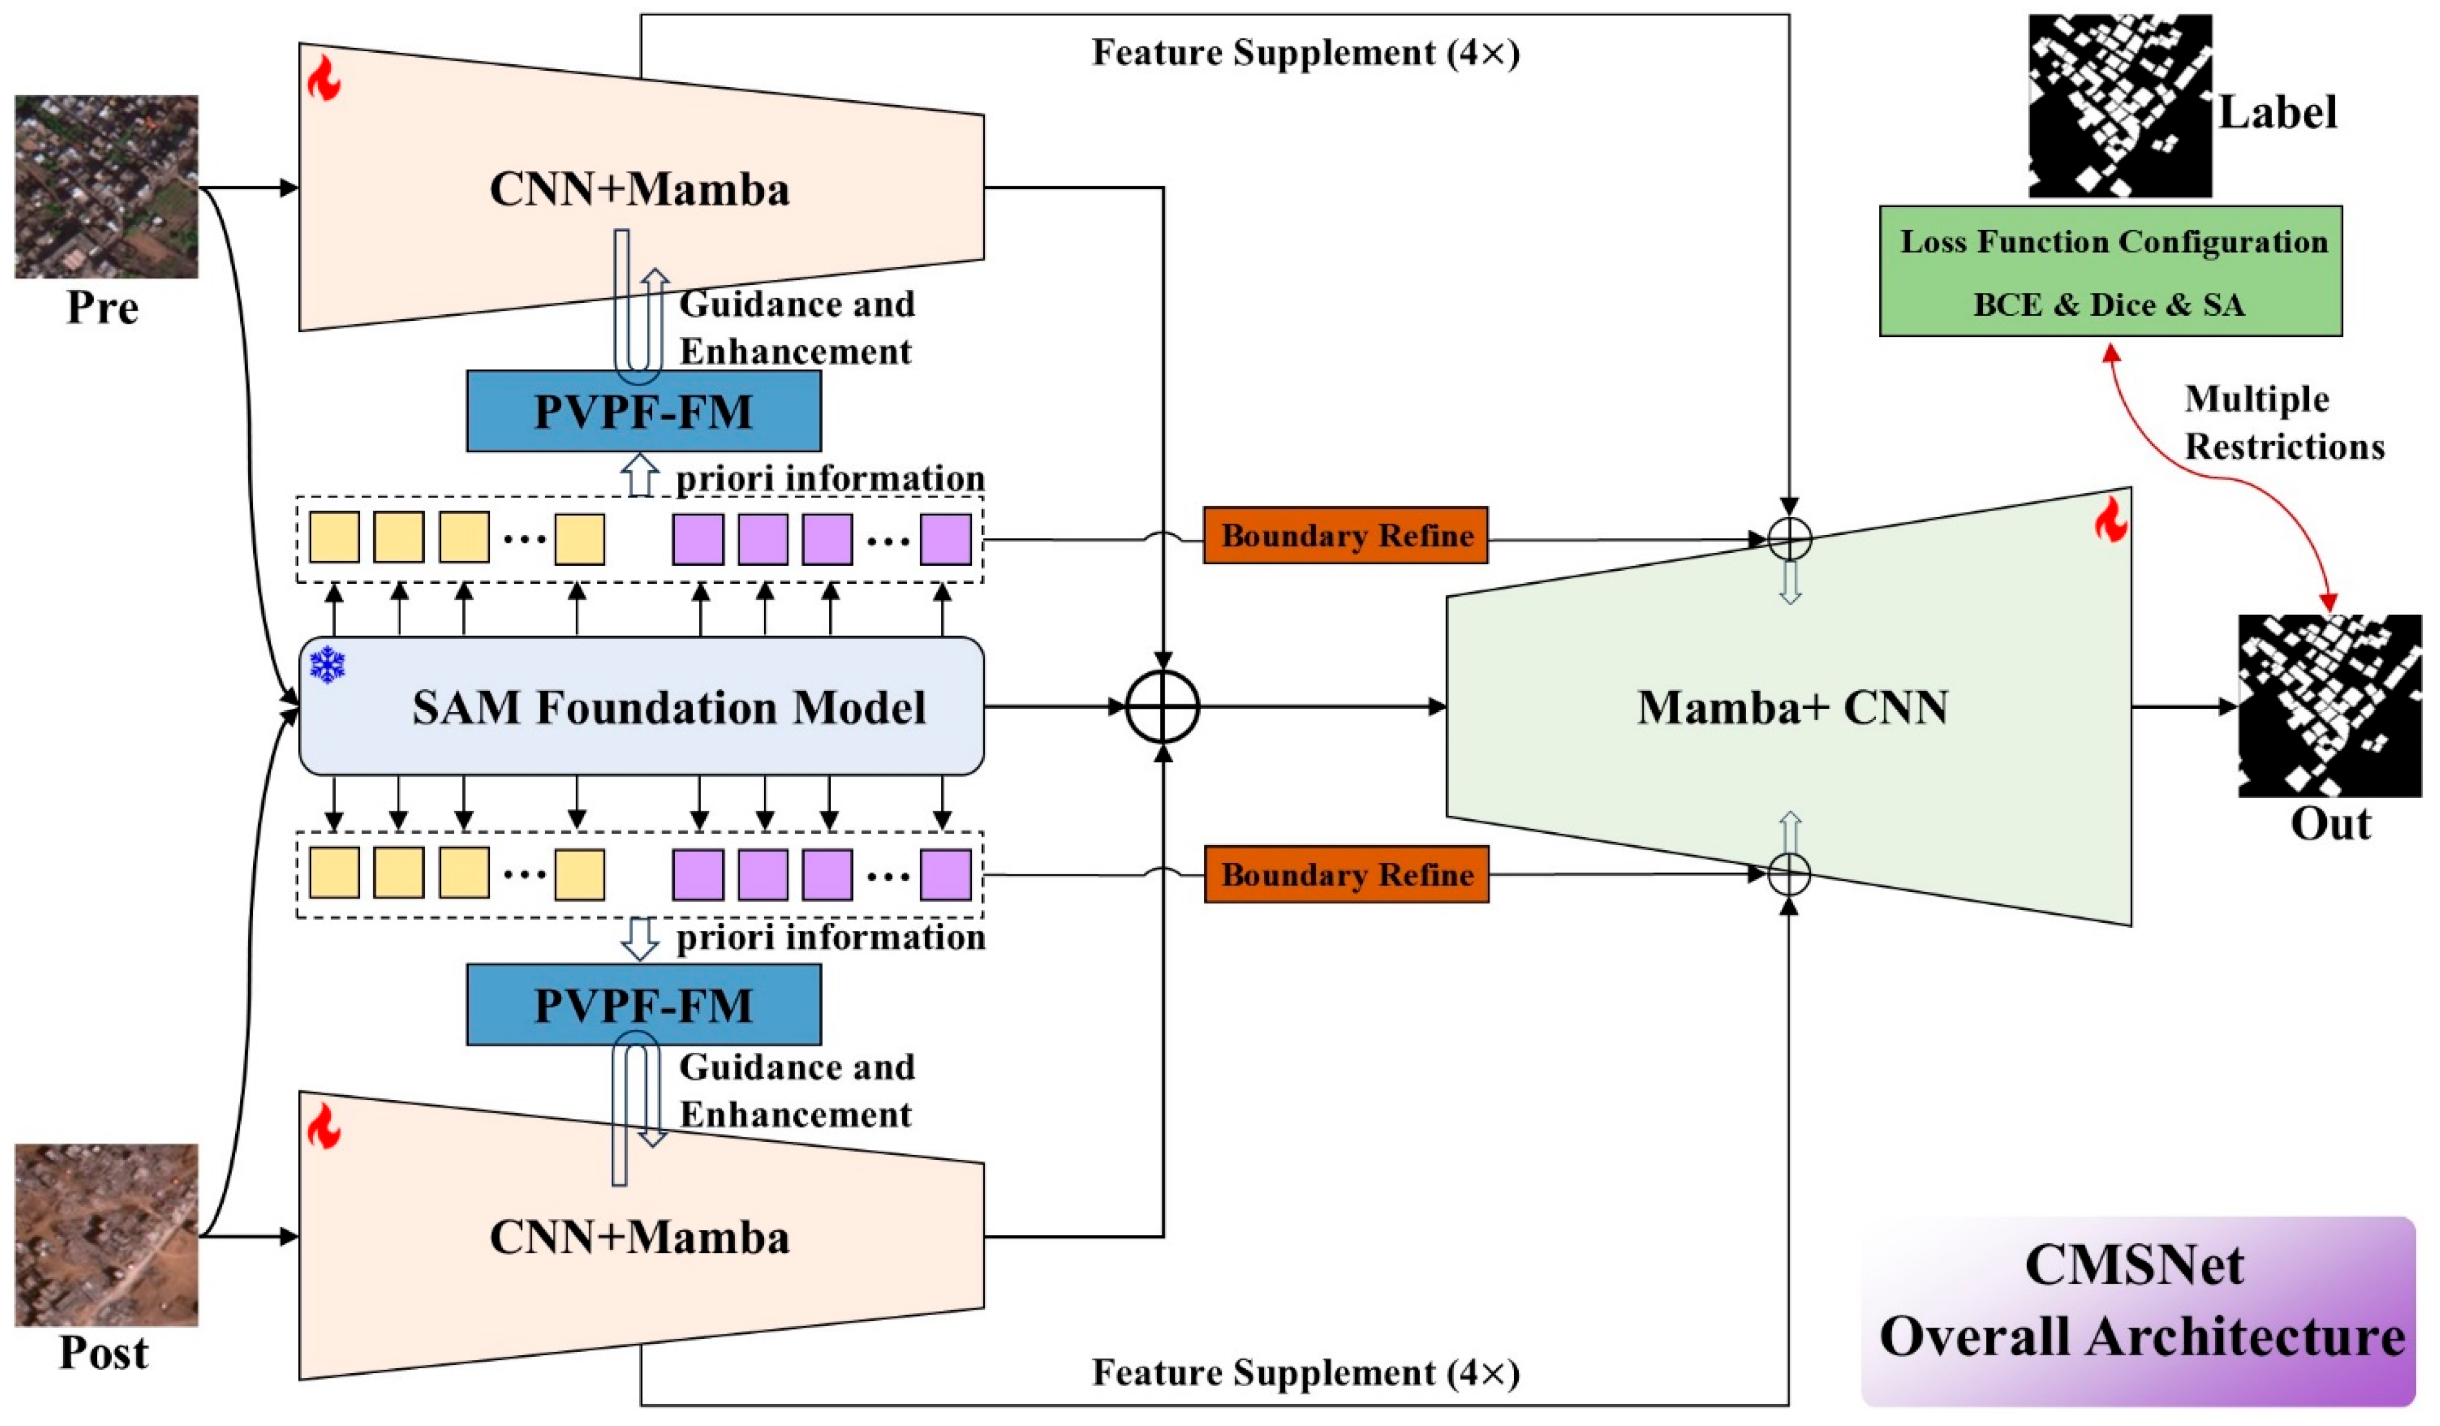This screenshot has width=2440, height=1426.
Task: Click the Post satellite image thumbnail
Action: tap(107, 1236)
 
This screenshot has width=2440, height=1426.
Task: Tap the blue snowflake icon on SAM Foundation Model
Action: tap(327, 665)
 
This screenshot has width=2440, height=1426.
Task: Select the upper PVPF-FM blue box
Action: tap(644, 411)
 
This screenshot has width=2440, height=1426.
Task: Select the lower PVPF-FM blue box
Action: tap(644, 1005)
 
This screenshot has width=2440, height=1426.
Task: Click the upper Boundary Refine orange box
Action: tap(1346, 536)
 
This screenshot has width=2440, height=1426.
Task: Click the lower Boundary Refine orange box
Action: tap(1346, 874)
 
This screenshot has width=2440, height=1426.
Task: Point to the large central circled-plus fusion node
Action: tap(1163, 706)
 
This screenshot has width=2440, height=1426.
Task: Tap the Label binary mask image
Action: tap(2120, 107)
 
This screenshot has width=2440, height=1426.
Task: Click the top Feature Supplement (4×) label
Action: tap(1305, 53)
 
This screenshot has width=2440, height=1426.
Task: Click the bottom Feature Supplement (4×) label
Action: tap(1305, 1373)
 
